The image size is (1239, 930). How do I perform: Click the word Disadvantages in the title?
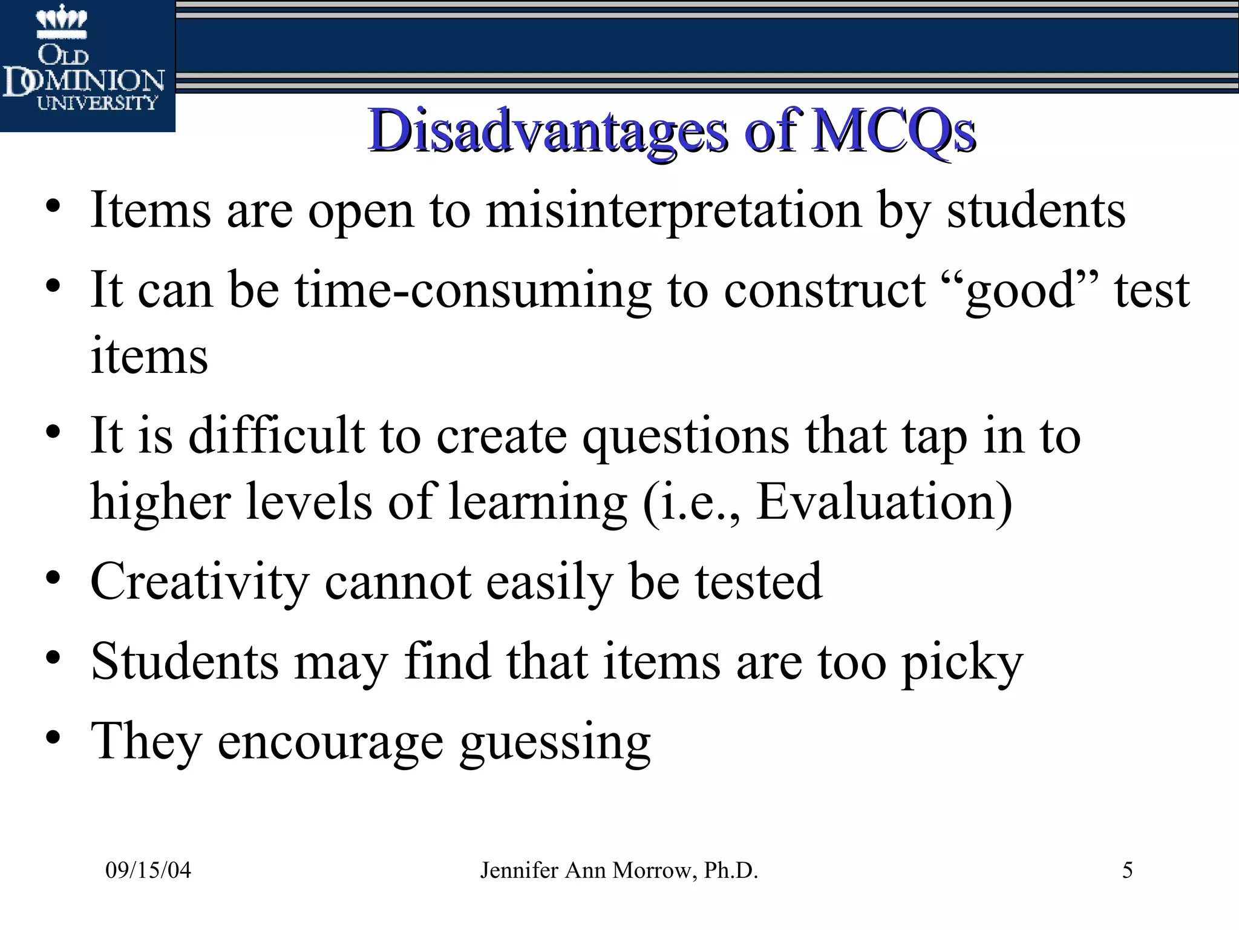pyautogui.click(x=548, y=130)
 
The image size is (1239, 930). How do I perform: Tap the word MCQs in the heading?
pyautogui.click(x=894, y=130)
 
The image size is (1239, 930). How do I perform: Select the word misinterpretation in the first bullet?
pyautogui.click(x=674, y=211)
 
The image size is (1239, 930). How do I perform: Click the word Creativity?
pyautogui.click(x=200, y=581)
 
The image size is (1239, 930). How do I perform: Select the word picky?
pyautogui.click(x=962, y=661)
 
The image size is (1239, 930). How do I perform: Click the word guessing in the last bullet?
pyautogui.click(x=555, y=742)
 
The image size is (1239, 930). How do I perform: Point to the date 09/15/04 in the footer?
pyautogui.click(x=148, y=871)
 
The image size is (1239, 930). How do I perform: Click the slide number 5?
pyautogui.click(x=1127, y=871)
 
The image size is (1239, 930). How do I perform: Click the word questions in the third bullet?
pyautogui.click(x=685, y=436)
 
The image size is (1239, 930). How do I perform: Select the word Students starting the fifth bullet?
pyautogui.click(x=185, y=661)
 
